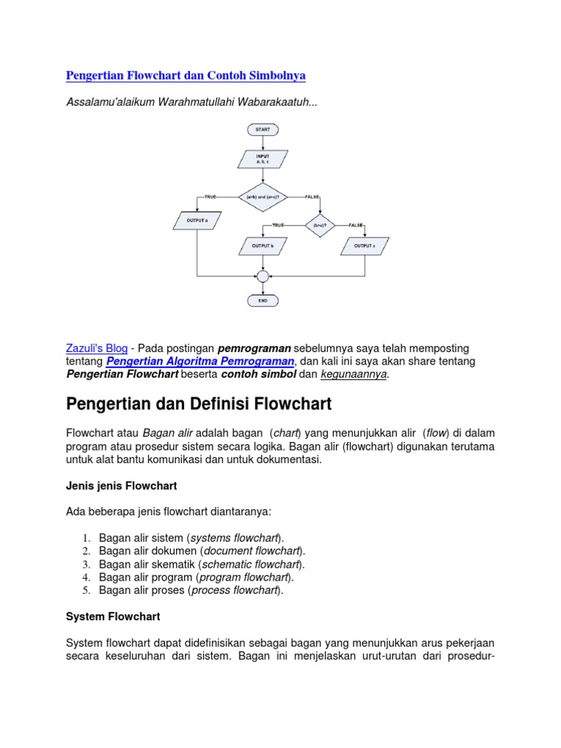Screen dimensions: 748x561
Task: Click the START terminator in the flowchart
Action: [x=263, y=129]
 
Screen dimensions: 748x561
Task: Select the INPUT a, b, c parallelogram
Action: [x=263, y=159]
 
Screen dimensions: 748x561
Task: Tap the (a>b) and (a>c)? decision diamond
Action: [x=263, y=196]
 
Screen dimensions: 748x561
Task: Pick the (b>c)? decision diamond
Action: [x=319, y=226]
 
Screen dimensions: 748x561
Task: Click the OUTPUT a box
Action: [x=197, y=219]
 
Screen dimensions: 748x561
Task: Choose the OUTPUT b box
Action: [x=263, y=246]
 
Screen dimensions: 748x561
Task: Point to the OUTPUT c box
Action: [x=365, y=246]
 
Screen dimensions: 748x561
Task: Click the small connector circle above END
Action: [x=263, y=276]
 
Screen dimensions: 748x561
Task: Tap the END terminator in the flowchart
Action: [x=263, y=299]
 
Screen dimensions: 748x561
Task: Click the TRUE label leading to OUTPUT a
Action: [x=211, y=197]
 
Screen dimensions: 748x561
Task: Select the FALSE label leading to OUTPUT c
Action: [x=356, y=225]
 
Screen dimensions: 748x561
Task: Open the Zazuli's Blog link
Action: [x=97, y=348]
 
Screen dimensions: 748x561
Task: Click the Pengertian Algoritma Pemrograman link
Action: [x=200, y=362]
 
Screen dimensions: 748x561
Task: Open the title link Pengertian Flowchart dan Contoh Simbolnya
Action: [x=186, y=75]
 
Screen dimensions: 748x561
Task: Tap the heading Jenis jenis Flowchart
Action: [x=121, y=485]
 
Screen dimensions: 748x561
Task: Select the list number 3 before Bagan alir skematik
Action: [x=85, y=565]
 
